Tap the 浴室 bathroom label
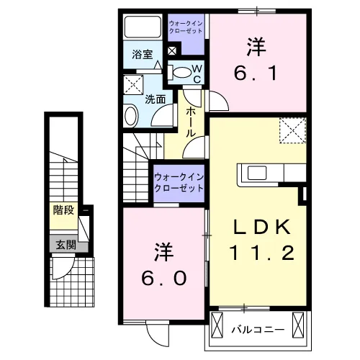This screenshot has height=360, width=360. pos(142,54)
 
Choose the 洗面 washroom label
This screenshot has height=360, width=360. pos(155,99)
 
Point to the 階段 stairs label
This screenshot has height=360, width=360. pos(64,211)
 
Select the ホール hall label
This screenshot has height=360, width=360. pos(191,123)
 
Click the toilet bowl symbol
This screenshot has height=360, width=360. pos(181,71)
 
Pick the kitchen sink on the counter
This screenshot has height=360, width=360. pos(257,173)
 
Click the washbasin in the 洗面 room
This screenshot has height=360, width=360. pos(130,115)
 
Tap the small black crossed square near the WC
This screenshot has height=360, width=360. pos(172,52)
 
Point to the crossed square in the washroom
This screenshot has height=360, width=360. pos(132,84)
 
